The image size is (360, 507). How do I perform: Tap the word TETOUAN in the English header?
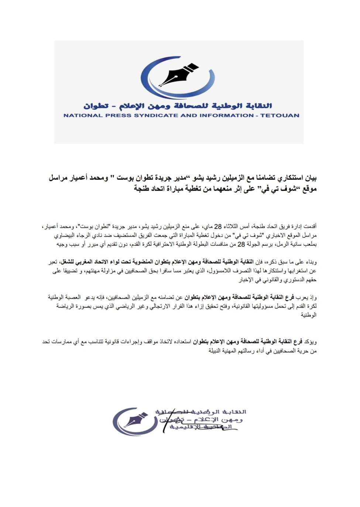point(280,115)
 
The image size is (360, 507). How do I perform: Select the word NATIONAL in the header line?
point(78,115)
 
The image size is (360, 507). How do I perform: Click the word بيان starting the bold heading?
point(311,178)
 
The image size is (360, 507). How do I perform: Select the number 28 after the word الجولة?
point(241,244)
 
